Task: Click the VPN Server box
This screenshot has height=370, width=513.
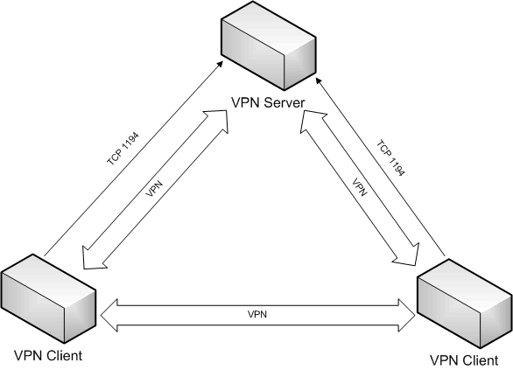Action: coord(268,45)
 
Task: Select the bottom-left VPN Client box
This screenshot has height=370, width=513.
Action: coord(48,298)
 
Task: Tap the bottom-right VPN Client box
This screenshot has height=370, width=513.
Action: coord(465,304)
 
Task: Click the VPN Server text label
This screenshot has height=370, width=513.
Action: coord(268,102)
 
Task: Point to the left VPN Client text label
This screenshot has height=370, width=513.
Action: coord(48,355)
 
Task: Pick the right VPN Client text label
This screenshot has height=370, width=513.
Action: coord(464,360)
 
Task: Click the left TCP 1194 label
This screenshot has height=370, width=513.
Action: coord(123,148)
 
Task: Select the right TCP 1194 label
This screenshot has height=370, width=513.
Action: coord(390,158)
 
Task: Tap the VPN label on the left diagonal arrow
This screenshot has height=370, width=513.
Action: coord(154,189)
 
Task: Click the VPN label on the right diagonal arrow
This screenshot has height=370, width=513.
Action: coord(359,187)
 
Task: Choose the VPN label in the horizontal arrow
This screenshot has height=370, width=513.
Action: coord(257,314)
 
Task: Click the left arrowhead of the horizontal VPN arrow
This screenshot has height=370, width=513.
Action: coord(109,316)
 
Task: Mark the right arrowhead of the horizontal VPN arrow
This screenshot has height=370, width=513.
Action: coord(407,316)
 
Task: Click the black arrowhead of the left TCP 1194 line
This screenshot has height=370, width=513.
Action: coord(221,64)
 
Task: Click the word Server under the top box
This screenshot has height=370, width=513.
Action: coord(285,102)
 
